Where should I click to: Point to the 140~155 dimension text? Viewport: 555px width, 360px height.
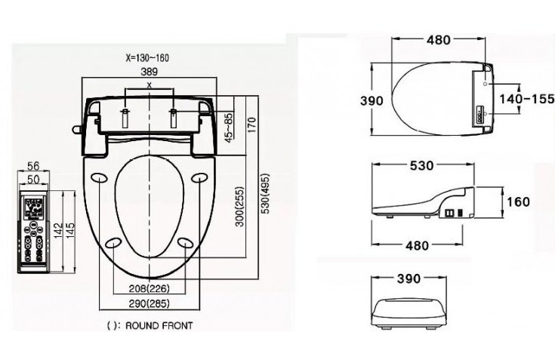526,98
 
